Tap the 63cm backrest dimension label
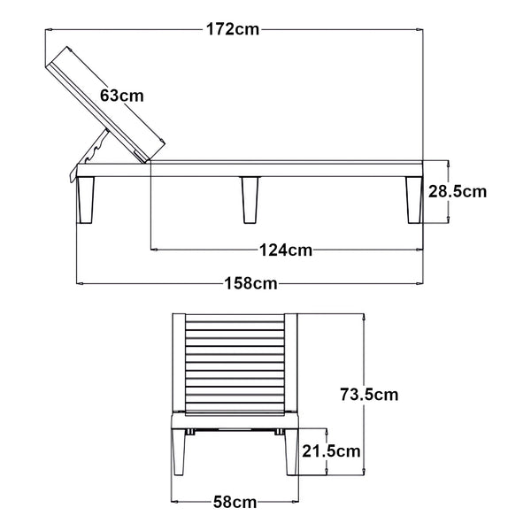click(122, 95)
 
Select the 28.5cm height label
click(458, 190)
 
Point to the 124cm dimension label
click(286, 250)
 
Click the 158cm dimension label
click(251, 284)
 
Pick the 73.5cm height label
click(370, 395)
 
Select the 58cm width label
click(234, 503)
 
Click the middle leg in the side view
click(250, 199)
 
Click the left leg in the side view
click(87, 199)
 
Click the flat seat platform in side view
click(283, 169)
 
